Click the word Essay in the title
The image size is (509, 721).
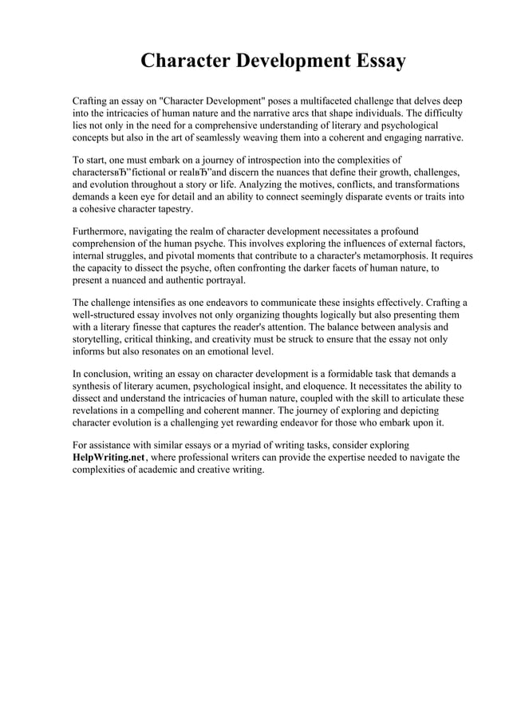[x=373, y=61]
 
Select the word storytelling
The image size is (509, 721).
[x=100, y=340]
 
